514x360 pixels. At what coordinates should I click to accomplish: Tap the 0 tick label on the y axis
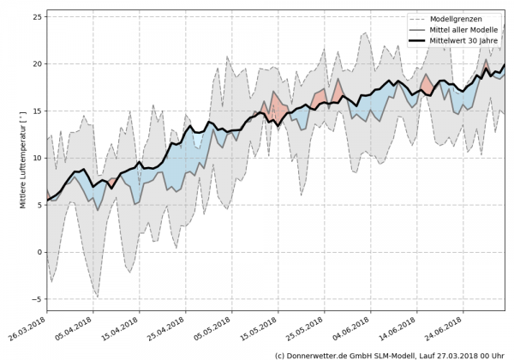pyautogui.click(x=39, y=252)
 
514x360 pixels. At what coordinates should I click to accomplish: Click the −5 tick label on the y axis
pyautogui.click(x=36, y=299)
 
